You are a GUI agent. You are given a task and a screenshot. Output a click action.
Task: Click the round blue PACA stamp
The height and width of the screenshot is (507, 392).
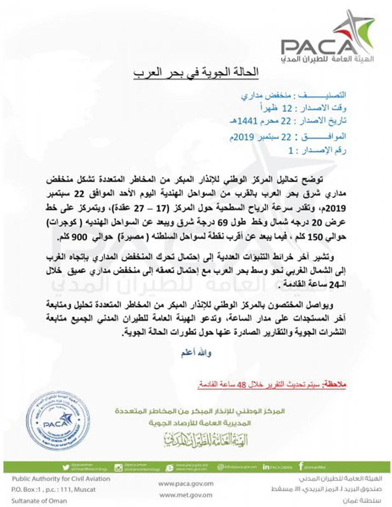(59, 422)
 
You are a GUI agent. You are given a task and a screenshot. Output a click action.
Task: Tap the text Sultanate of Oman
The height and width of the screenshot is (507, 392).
(40, 501)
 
